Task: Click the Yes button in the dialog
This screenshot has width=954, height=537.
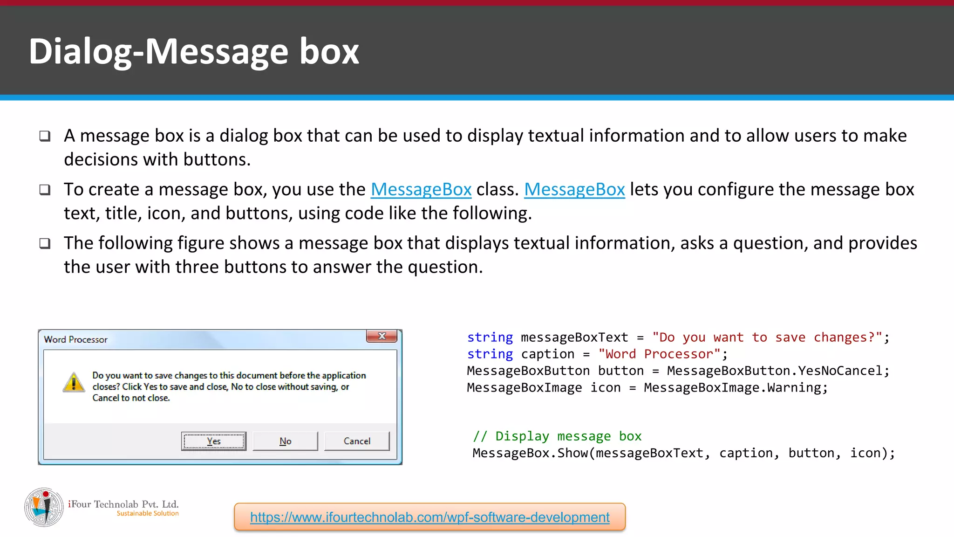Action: pyautogui.click(x=214, y=441)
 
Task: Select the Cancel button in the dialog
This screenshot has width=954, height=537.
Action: pyautogui.click(x=357, y=441)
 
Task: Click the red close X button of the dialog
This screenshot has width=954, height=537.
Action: pyautogui.click(x=382, y=336)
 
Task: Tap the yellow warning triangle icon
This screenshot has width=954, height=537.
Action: pyautogui.click(x=74, y=383)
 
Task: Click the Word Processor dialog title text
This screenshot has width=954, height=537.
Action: pyautogui.click(x=75, y=339)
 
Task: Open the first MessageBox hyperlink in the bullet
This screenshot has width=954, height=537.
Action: pyautogui.click(x=421, y=189)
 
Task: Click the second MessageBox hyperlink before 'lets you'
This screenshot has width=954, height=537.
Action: pyautogui.click(x=574, y=189)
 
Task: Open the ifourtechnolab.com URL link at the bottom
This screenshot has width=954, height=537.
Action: pyautogui.click(x=429, y=517)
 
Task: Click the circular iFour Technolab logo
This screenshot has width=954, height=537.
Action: pyautogui.click(x=44, y=507)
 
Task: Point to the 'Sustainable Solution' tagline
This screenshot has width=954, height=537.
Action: pyautogui.click(x=148, y=513)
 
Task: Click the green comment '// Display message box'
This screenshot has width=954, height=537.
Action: pyautogui.click(x=557, y=436)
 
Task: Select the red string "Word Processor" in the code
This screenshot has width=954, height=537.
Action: pyautogui.click(x=659, y=354)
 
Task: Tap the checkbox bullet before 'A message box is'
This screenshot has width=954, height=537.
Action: pyautogui.click(x=45, y=136)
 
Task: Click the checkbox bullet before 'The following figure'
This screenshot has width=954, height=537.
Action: pyautogui.click(x=45, y=243)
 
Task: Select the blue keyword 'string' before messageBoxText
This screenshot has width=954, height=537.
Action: pyautogui.click(x=490, y=337)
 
